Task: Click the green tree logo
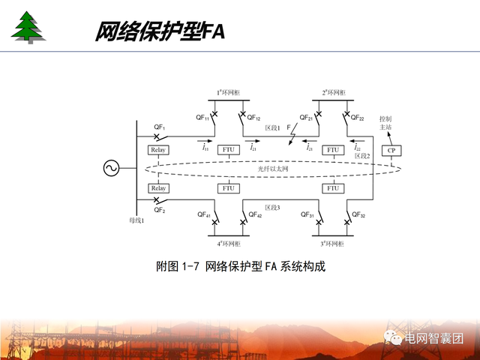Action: [x=28, y=27]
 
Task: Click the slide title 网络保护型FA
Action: [x=159, y=32]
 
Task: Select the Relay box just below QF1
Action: [x=158, y=150]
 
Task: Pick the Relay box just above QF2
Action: [x=158, y=187]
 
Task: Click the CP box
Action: [x=390, y=150]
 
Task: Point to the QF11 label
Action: [x=203, y=118]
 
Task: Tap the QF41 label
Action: [x=203, y=215]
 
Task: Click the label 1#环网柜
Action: [x=229, y=93]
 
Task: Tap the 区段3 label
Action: [x=272, y=207]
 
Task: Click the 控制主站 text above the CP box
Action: [x=385, y=123]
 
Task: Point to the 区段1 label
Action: [x=272, y=128]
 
